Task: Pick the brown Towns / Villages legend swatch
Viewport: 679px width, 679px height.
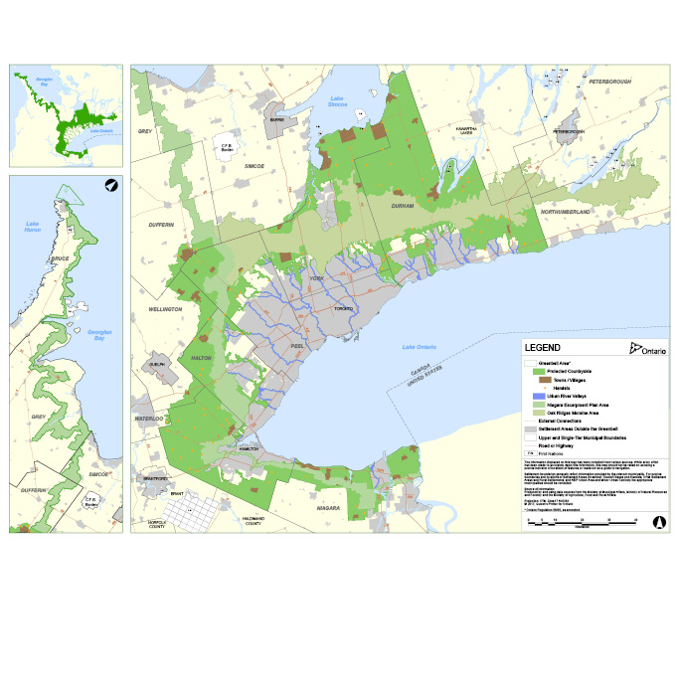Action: (545, 380)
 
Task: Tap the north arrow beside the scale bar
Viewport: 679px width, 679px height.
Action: (657, 520)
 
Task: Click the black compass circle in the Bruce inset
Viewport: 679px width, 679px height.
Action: (110, 185)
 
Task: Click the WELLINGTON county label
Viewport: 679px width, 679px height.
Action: (165, 309)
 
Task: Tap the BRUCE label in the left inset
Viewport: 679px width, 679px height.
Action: (60, 259)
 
